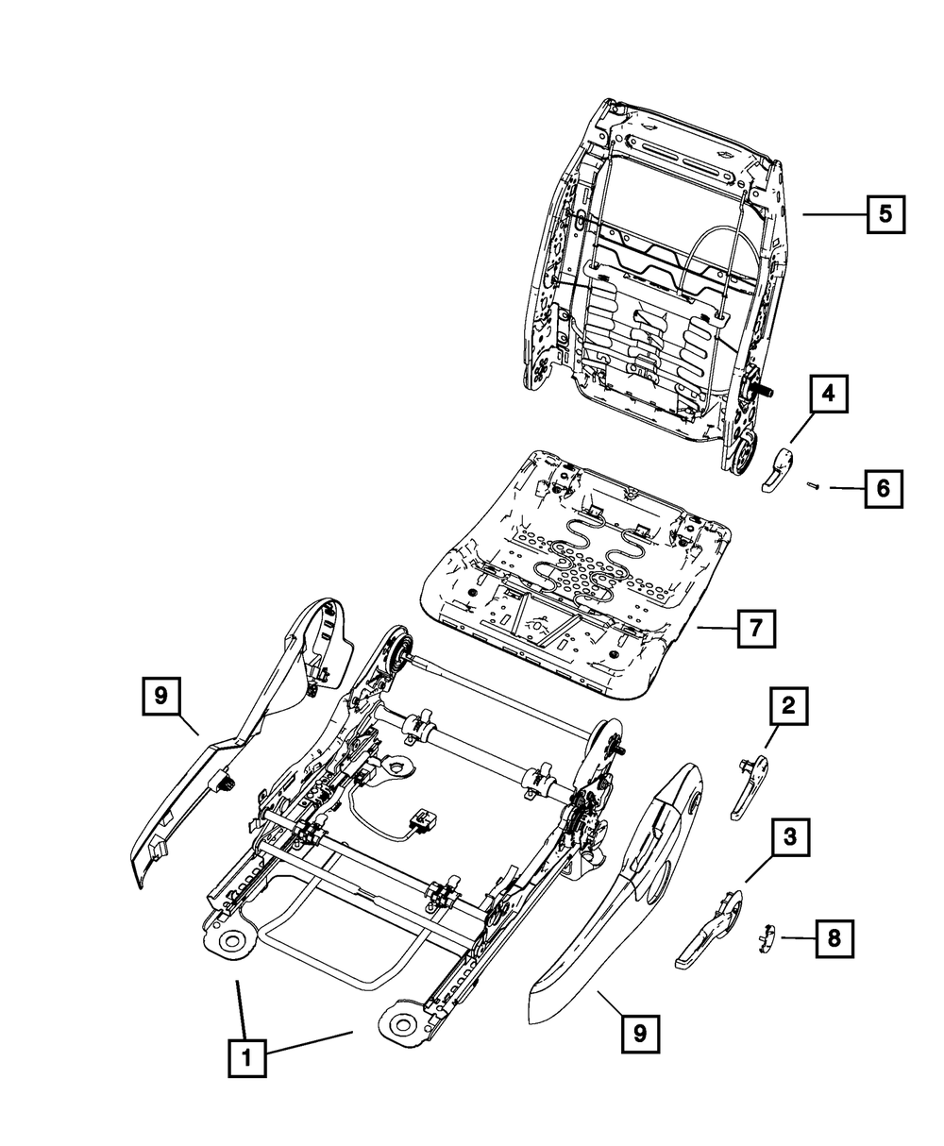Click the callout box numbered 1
pos(247,1058)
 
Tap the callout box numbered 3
pos(791,836)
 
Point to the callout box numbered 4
pos(827,395)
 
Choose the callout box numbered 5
pos(885,213)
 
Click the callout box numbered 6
pos(882,488)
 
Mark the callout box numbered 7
pos(755,628)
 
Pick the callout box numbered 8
pos(833,939)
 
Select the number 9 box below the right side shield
pos(640,1034)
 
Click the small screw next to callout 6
pos(810,486)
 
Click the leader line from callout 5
pos(834,214)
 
